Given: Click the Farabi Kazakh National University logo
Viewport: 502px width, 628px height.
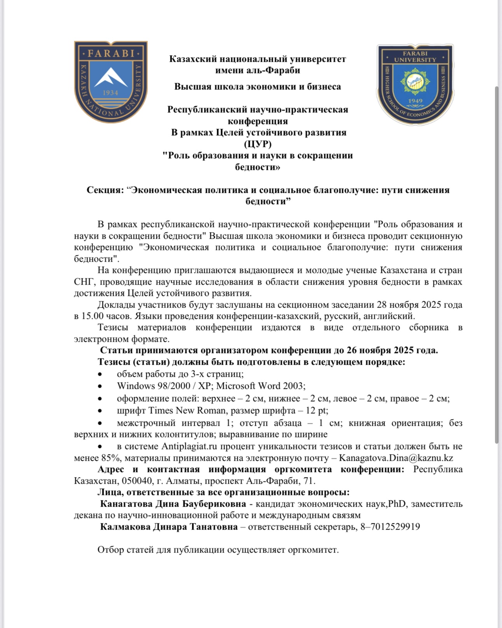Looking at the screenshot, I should click(111, 81).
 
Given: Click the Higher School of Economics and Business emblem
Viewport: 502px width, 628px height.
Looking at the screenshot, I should click(415, 84).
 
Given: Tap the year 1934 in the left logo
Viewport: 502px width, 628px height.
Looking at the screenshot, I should click(111, 93).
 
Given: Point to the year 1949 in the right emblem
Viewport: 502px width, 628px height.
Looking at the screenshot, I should click(415, 101).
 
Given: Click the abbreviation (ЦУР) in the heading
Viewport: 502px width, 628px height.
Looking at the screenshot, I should click(258, 144).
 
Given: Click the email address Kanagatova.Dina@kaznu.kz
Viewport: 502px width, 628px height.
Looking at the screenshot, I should click(396, 458).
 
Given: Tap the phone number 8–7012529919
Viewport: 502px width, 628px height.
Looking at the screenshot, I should click(389, 527).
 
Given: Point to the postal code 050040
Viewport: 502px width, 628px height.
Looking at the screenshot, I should click(137, 481).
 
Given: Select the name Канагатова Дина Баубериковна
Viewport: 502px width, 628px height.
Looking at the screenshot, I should click(173, 504).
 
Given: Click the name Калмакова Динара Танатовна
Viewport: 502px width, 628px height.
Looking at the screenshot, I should click(169, 527).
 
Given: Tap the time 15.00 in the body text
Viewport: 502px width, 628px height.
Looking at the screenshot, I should click(92, 316).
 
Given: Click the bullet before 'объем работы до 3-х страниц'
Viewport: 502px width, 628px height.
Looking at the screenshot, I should click(100, 374).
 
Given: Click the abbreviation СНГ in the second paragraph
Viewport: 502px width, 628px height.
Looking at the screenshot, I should click(82, 282).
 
